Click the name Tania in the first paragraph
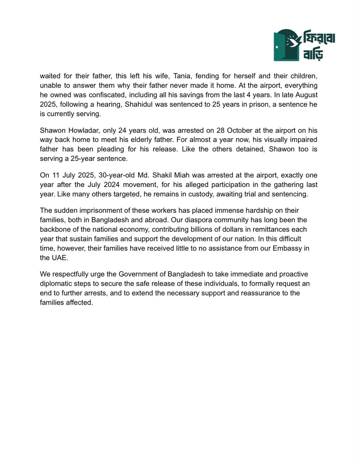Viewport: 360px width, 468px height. click(x=181, y=76)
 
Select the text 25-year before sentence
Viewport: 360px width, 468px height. click(x=83, y=159)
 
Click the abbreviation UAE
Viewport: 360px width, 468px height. click(x=61, y=258)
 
